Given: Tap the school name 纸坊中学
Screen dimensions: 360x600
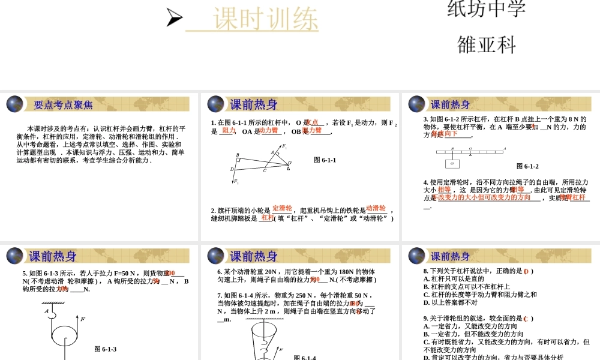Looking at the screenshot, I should tap(487, 8).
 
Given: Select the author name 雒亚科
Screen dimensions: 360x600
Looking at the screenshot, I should tap(487, 45).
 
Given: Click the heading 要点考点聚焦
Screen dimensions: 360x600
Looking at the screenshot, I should tap(63, 104).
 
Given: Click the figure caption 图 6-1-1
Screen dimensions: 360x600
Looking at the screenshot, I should tap(325, 160).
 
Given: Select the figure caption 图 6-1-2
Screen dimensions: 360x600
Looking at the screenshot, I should tap(527, 166).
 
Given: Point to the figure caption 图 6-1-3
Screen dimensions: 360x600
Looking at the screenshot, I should tap(105, 349).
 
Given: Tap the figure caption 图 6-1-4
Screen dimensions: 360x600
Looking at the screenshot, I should tap(305, 357).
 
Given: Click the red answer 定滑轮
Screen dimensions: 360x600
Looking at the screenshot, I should tap(282, 208).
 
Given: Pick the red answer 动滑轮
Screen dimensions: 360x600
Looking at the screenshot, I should tap(376, 208).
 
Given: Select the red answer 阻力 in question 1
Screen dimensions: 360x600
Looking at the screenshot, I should tap(229, 130).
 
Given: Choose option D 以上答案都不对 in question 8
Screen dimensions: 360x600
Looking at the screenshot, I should tap(450, 302).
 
